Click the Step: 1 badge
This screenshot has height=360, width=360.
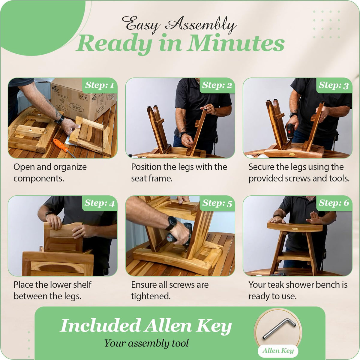coord(100,85)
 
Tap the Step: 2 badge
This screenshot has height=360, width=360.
coord(217,85)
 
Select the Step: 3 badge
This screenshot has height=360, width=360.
coord(334,85)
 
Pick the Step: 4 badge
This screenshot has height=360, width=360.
coord(100,203)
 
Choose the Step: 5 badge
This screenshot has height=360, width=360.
coord(217,203)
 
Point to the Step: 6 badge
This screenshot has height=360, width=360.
coord(334,203)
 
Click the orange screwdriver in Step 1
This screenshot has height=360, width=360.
coord(64,147)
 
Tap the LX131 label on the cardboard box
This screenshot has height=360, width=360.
coord(84,97)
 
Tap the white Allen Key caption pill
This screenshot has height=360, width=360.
coord(278,351)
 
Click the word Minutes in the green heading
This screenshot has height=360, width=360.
coord(236,43)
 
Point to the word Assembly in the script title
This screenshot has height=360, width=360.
coord(201,25)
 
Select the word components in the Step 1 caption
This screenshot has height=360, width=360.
coord(39,178)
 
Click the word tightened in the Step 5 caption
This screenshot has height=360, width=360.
coord(151,296)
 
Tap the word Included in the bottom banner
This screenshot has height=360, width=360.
coord(100,325)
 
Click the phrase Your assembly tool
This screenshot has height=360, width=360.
coord(146,343)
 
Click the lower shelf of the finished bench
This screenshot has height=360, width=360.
coord(294,256)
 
